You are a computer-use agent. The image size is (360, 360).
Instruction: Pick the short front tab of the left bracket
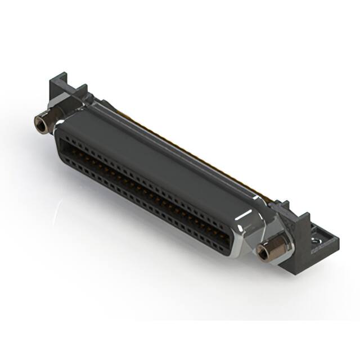(81, 90)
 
